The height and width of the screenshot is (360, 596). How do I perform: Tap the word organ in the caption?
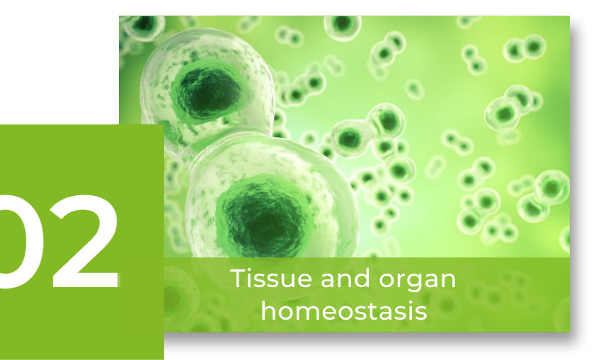[418, 281]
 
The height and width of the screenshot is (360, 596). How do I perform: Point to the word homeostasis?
[344, 310]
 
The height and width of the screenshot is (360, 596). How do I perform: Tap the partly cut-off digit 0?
[18, 242]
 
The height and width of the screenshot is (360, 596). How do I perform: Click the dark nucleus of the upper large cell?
[208, 91]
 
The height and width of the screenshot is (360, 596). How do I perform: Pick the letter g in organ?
[413, 284]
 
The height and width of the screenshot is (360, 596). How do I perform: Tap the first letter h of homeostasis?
[270, 310]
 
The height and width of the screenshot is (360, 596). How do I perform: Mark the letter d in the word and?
[361, 279]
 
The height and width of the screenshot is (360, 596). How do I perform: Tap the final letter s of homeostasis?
[420, 313]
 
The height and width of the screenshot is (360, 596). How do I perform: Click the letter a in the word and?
[328, 281]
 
